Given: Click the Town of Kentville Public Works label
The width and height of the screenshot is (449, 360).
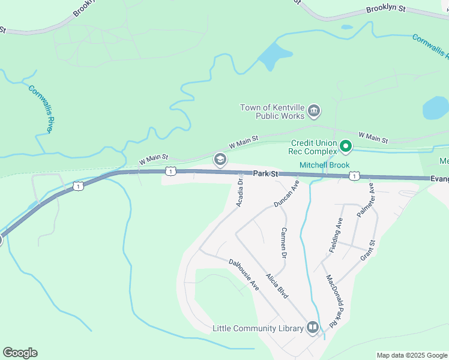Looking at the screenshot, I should click(x=272, y=112).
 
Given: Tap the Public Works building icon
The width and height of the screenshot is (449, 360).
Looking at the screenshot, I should click(x=313, y=111).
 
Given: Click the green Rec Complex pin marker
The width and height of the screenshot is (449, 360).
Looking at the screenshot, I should click(x=346, y=146).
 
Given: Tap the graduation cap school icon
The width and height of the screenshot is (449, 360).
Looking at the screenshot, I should click(x=220, y=158).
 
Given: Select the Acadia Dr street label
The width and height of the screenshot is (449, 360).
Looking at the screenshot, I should click(x=239, y=193).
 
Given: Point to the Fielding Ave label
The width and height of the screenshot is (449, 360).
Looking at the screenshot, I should click(x=336, y=235).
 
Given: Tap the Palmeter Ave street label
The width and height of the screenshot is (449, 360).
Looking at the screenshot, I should click(x=366, y=201).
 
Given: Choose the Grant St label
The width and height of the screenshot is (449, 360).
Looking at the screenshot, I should click(x=368, y=250).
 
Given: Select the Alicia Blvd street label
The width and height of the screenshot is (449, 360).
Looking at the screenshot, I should click(x=278, y=284).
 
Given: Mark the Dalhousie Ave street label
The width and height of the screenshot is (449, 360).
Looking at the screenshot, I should click(x=244, y=274).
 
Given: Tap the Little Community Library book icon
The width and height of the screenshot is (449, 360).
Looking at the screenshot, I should click(x=313, y=327).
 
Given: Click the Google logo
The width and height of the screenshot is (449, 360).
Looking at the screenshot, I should click(x=20, y=353).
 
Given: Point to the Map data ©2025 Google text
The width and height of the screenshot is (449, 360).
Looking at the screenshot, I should click(x=411, y=355).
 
